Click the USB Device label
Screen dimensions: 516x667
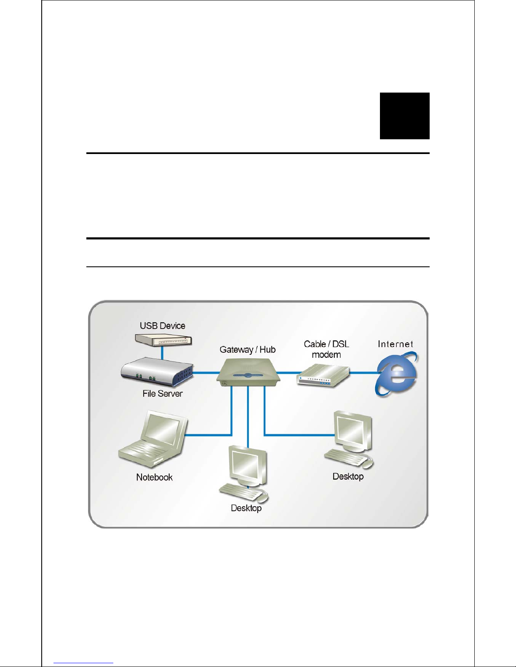point(162,326)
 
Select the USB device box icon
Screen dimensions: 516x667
point(163,340)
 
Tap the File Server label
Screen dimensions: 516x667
point(162,393)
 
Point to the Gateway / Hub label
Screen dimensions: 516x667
point(247,350)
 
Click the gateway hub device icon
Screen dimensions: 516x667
point(248,372)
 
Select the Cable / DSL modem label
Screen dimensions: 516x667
point(326,349)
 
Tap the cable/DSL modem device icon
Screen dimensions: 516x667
point(323,376)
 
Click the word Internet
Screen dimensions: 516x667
point(395,344)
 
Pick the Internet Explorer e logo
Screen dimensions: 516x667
point(396,374)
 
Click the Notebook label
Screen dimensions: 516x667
point(154,477)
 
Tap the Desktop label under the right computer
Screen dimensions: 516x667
point(348,476)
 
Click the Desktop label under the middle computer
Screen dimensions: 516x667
point(246,508)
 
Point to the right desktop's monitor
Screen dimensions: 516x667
point(353,431)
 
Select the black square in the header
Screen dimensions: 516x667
point(404,116)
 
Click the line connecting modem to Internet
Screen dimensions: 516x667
point(363,372)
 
